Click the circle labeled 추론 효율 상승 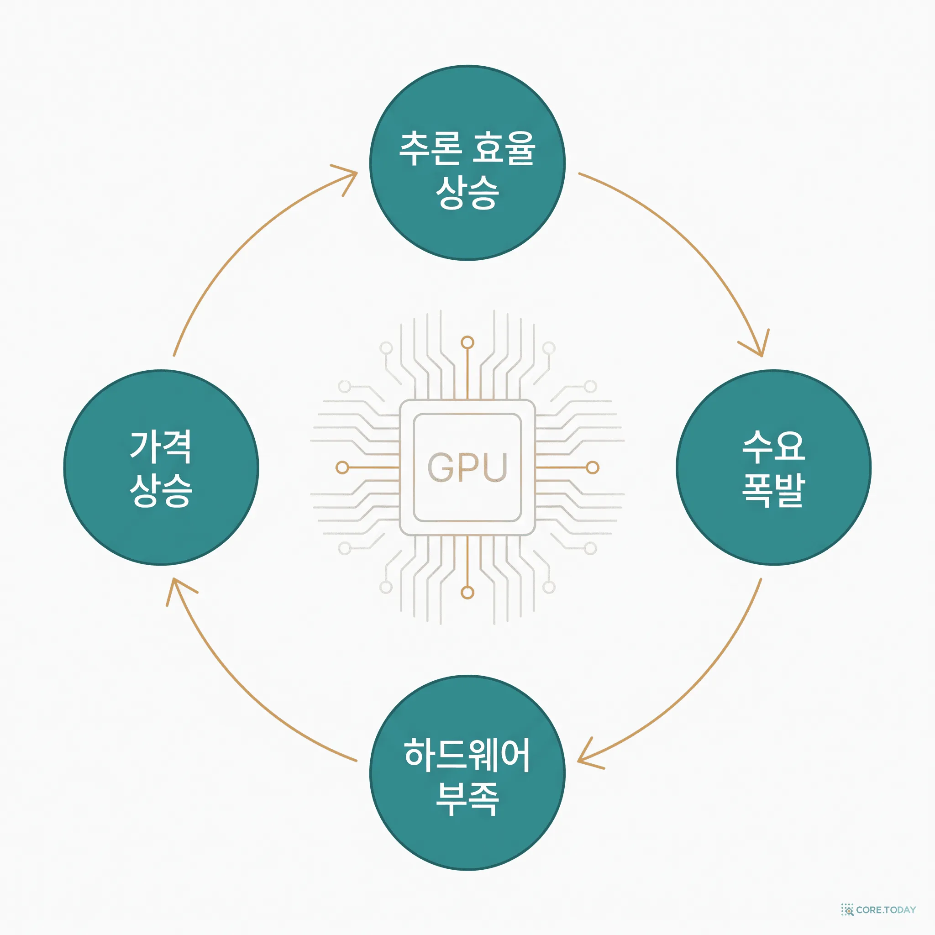click(467, 163)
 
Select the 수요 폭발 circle click(773, 467)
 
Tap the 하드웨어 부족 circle click(467, 773)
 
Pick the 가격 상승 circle click(161, 467)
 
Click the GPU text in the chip click(467, 467)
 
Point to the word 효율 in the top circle click(504, 148)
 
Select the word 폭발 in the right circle click(773, 490)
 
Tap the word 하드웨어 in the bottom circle click(467, 755)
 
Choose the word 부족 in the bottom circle click(467, 798)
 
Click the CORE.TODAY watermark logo click(878, 909)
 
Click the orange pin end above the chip click(467, 343)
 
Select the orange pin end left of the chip click(342, 467)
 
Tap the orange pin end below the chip click(467, 592)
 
